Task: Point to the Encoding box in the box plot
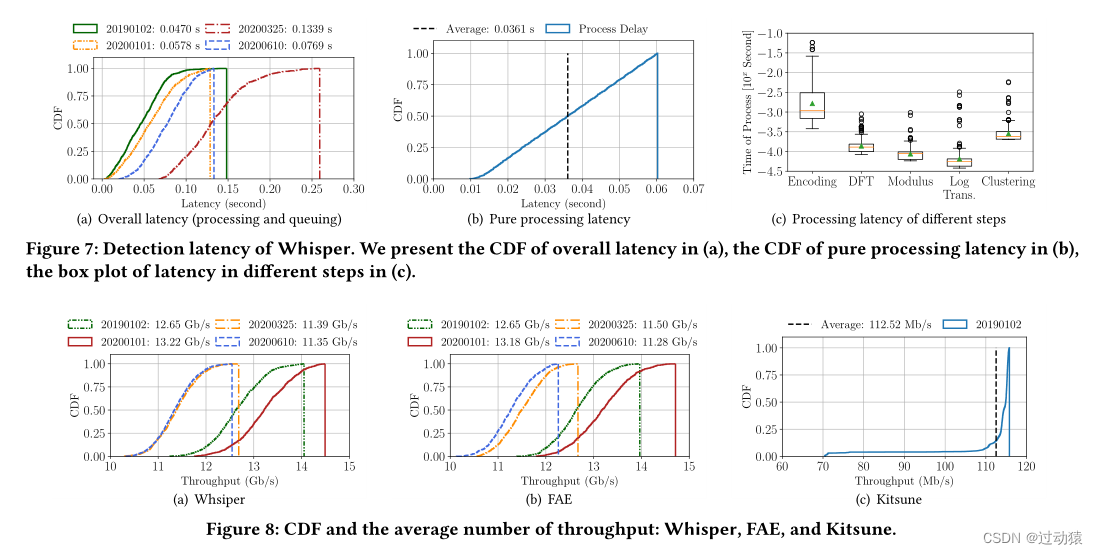(812, 105)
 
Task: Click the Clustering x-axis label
(1007, 182)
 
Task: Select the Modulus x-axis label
(910, 182)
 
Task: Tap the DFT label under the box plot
(861, 182)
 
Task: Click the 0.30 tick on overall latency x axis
(352, 187)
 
